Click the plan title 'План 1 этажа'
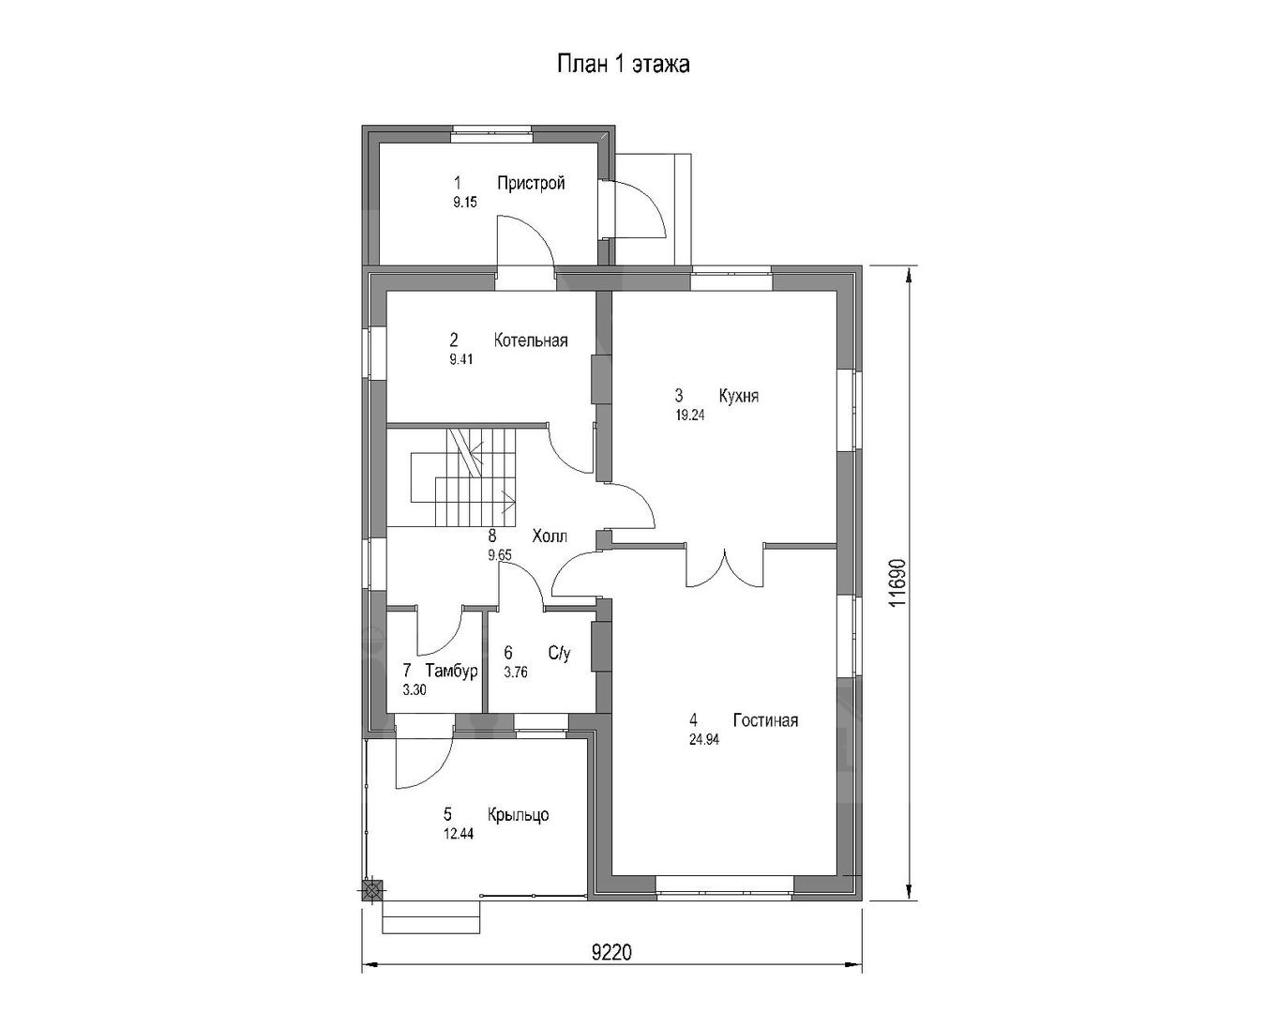pos(623,64)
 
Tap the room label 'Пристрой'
pos(531,183)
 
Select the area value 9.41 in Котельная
pos(461,359)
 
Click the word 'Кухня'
pos(738,396)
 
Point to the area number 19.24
pos(690,415)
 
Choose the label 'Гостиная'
pos(765,720)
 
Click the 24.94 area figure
pos(704,740)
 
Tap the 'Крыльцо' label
pos(518,815)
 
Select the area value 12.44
pos(459,834)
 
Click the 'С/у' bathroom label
pos(560,654)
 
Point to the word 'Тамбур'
pos(451,671)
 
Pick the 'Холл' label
pos(550,537)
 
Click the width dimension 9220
pos(611,952)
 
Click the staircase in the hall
pos(463,478)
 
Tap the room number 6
pos(508,653)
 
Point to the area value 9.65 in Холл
pos(500,554)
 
